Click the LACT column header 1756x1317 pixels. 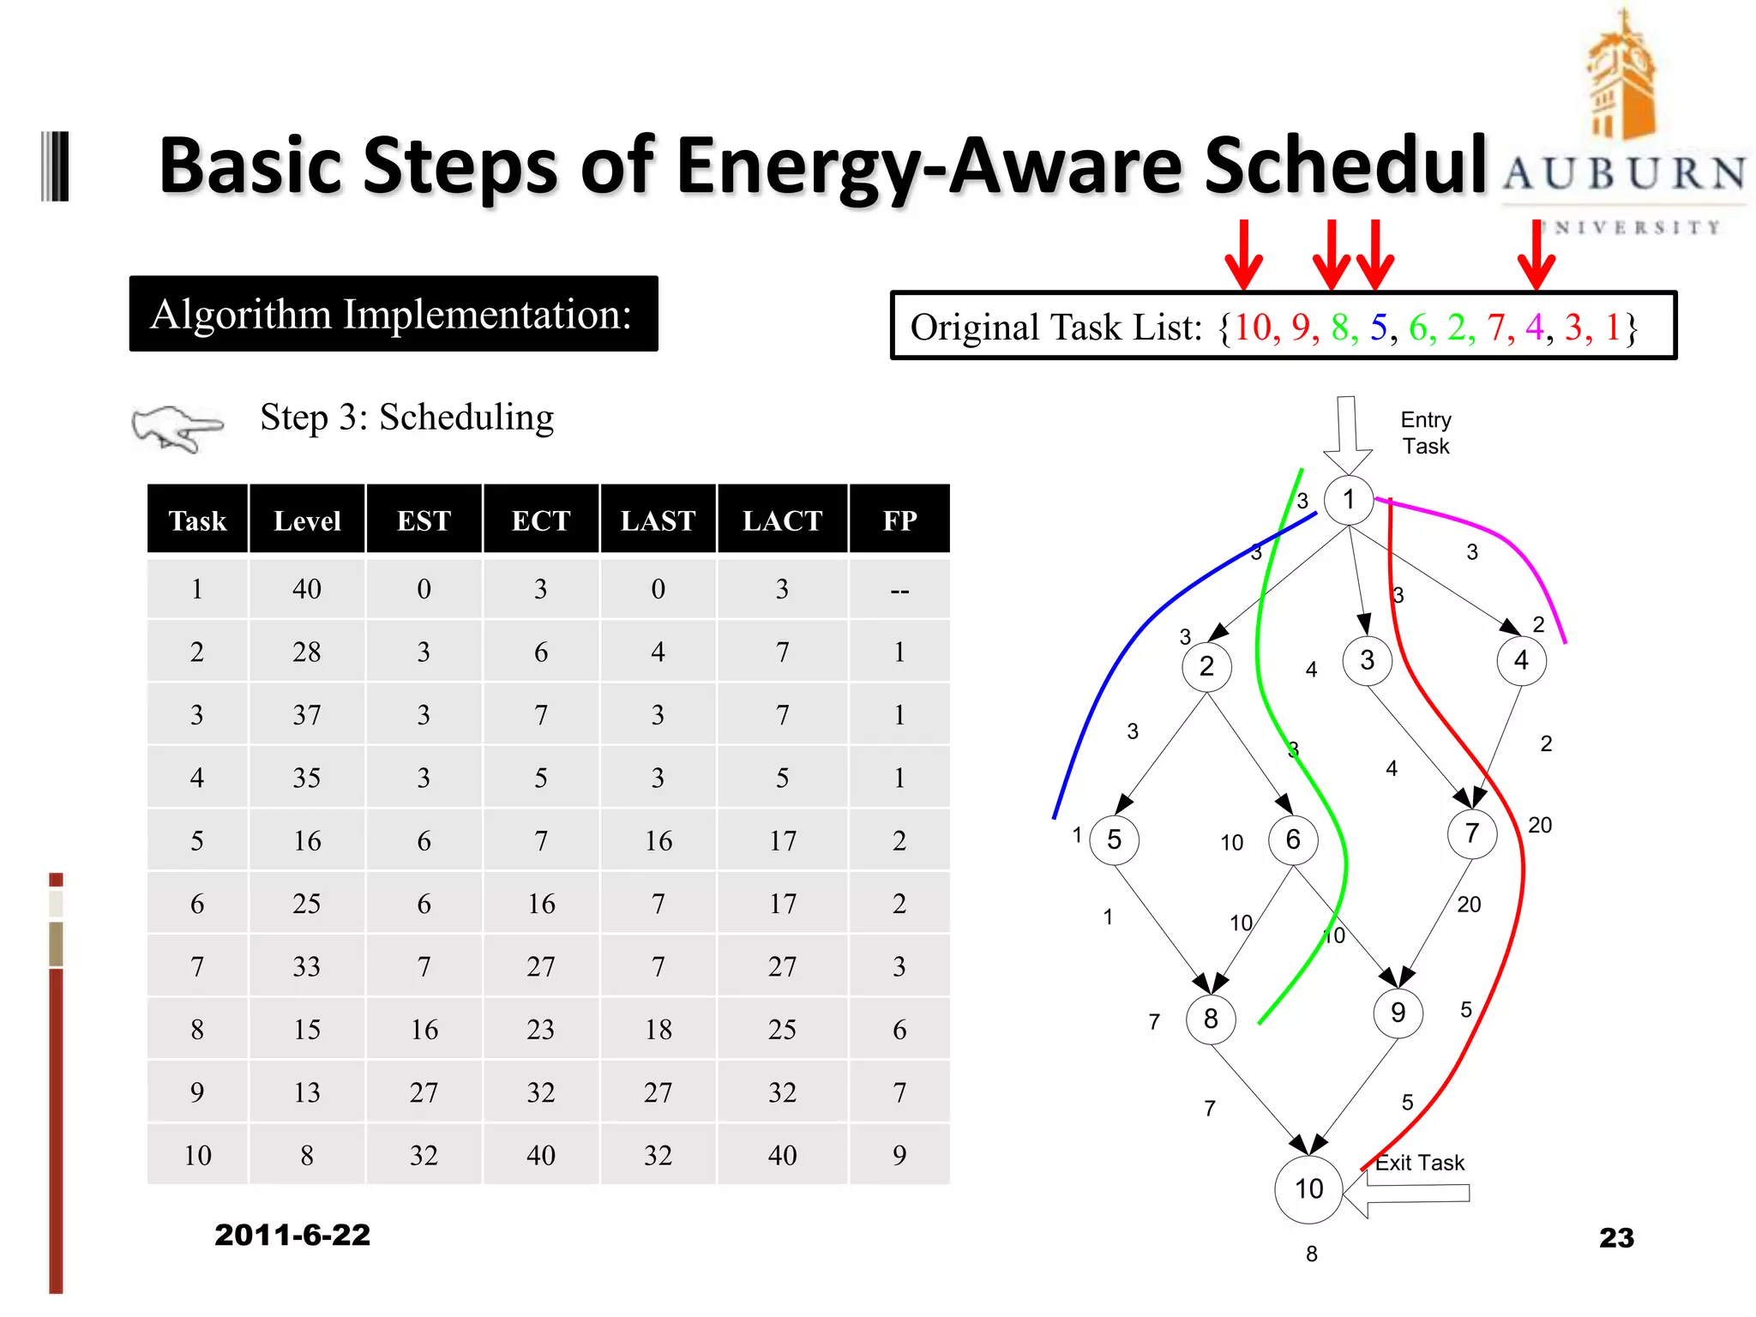782,520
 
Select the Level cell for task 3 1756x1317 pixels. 307,714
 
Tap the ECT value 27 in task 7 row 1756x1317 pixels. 540,966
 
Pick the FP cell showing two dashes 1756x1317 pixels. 899,590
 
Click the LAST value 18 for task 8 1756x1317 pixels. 658,1029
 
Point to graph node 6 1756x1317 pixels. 1292,839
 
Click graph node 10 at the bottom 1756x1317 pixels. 1308,1188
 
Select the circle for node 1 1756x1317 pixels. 1349,499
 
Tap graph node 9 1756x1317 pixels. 1398,1013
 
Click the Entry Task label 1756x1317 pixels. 1426,433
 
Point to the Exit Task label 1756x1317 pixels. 1420,1164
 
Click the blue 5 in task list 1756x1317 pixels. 1379,328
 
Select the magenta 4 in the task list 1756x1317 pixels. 1534,328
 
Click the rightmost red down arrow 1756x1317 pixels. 1536,256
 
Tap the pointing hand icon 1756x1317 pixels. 177,427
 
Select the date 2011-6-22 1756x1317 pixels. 292,1235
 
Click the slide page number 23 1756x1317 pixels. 1616,1237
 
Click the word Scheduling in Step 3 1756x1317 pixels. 466,418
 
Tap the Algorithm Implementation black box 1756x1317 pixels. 394,314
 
